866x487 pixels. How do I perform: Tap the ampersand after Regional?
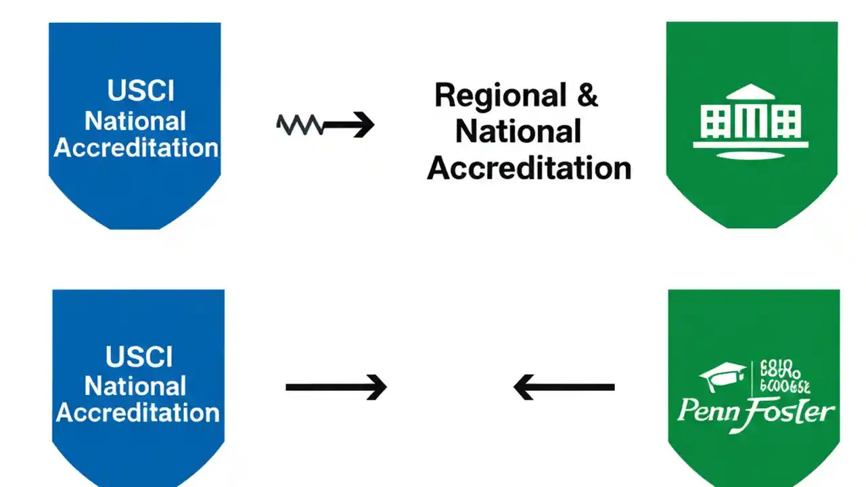click(x=587, y=95)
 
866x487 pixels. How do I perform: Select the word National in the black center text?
click(x=518, y=131)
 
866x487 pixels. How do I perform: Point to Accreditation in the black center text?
click(x=528, y=167)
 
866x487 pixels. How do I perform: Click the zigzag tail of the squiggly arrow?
click(x=300, y=124)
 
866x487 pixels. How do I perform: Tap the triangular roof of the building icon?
click(x=751, y=93)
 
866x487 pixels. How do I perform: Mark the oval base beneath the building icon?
click(x=751, y=155)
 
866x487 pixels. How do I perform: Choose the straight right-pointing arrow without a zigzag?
click(x=336, y=388)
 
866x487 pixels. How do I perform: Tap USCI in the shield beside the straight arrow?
click(x=139, y=357)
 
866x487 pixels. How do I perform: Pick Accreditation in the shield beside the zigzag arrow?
click(x=136, y=147)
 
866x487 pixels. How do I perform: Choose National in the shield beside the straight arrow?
click(x=135, y=386)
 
